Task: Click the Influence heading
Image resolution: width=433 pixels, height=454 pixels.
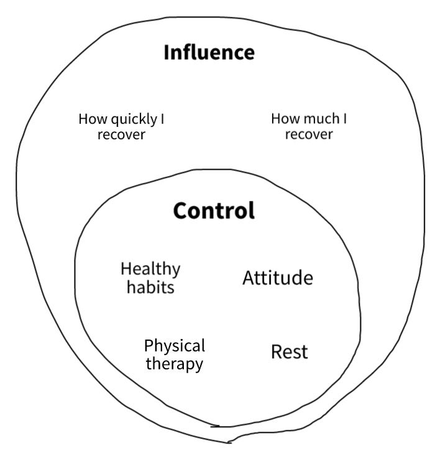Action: point(209,53)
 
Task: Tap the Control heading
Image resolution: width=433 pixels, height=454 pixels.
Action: point(214,211)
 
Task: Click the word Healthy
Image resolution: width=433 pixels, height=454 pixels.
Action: point(150,269)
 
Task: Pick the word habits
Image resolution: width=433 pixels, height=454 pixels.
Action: point(150,287)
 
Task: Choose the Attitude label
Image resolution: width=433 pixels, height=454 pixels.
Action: point(278,278)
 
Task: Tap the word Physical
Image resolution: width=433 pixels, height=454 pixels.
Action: point(174,346)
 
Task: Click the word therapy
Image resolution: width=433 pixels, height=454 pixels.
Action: point(174,364)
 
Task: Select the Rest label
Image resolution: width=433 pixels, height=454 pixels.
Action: point(289,352)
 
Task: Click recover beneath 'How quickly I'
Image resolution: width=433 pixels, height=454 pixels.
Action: point(121,134)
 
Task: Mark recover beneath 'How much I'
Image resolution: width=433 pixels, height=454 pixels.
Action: point(309,134)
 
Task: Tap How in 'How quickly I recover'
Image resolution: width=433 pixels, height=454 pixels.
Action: point(89,119)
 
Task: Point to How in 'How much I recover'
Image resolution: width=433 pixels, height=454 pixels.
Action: point(283,119)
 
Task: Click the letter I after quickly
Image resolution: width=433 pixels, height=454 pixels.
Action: point(162,119)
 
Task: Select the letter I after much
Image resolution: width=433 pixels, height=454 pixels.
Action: point(345,119)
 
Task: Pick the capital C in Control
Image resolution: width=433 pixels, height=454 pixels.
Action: point(181,211)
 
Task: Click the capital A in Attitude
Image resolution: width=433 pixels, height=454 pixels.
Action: point(248,278)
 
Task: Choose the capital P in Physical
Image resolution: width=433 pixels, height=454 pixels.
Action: point(149,346)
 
